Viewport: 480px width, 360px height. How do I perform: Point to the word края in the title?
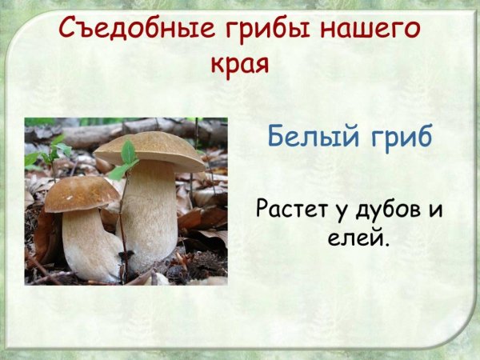[x=239, y=64]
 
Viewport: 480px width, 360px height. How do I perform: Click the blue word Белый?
[x=308, y=137]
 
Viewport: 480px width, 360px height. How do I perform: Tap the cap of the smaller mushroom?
[x=81, y=193]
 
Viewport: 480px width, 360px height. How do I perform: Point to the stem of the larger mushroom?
[x=149, y=211]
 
